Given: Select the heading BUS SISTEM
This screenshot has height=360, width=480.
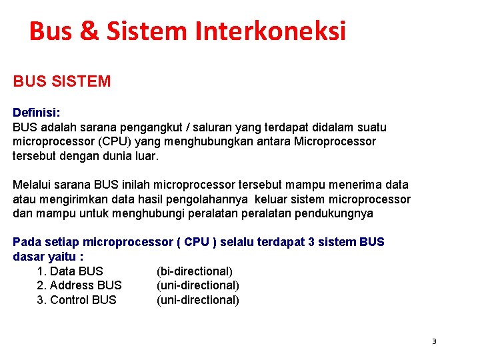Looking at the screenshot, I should click(61, 82).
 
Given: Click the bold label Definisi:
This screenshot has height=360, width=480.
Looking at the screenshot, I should click(37, 113).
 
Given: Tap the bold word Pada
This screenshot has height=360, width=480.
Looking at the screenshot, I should click(25, 242).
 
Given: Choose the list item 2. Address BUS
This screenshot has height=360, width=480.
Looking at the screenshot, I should click(79, 285).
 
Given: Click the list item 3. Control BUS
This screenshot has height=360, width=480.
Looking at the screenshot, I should click(77, 300).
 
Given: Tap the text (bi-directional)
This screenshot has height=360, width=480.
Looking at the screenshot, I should click(194, 271).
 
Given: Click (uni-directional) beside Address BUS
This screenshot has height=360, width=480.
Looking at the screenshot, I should click(197, 285).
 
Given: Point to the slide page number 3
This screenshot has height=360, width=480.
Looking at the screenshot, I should click(434, 341).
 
